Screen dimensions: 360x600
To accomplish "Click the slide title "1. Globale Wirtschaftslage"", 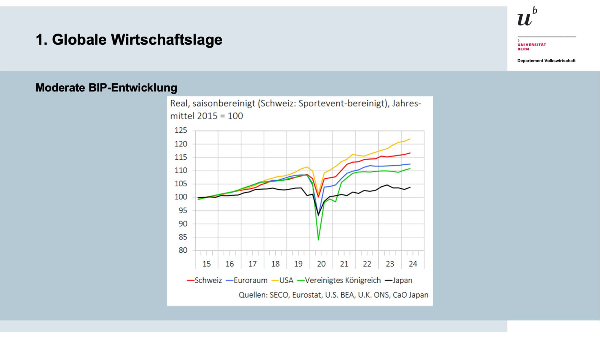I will [x=129, y=40].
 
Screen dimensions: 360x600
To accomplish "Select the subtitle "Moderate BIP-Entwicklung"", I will [x=106, y=88].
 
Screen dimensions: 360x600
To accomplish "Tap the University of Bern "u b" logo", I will [x=527, y=17].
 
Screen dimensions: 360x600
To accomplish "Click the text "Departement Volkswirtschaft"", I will [x=546, y=61].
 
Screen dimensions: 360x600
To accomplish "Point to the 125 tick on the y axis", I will [x=181, y=130].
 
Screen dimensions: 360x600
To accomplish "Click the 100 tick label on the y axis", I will [x=181, y=197].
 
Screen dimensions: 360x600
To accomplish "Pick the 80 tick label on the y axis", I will [x=183, y=250].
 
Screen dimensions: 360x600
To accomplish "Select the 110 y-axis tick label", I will [x=181, y=170].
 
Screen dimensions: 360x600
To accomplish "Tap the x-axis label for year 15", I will [x=206, y=264].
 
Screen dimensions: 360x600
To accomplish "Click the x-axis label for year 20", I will [x=321, y=264].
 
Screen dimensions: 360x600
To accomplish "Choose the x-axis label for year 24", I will [x=413, y=264].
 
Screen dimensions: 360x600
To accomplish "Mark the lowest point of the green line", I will [x=318, y=240].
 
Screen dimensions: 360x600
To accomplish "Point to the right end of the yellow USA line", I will [x=410, y=139].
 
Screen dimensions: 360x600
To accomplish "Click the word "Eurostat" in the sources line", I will [x=306, y=295].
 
